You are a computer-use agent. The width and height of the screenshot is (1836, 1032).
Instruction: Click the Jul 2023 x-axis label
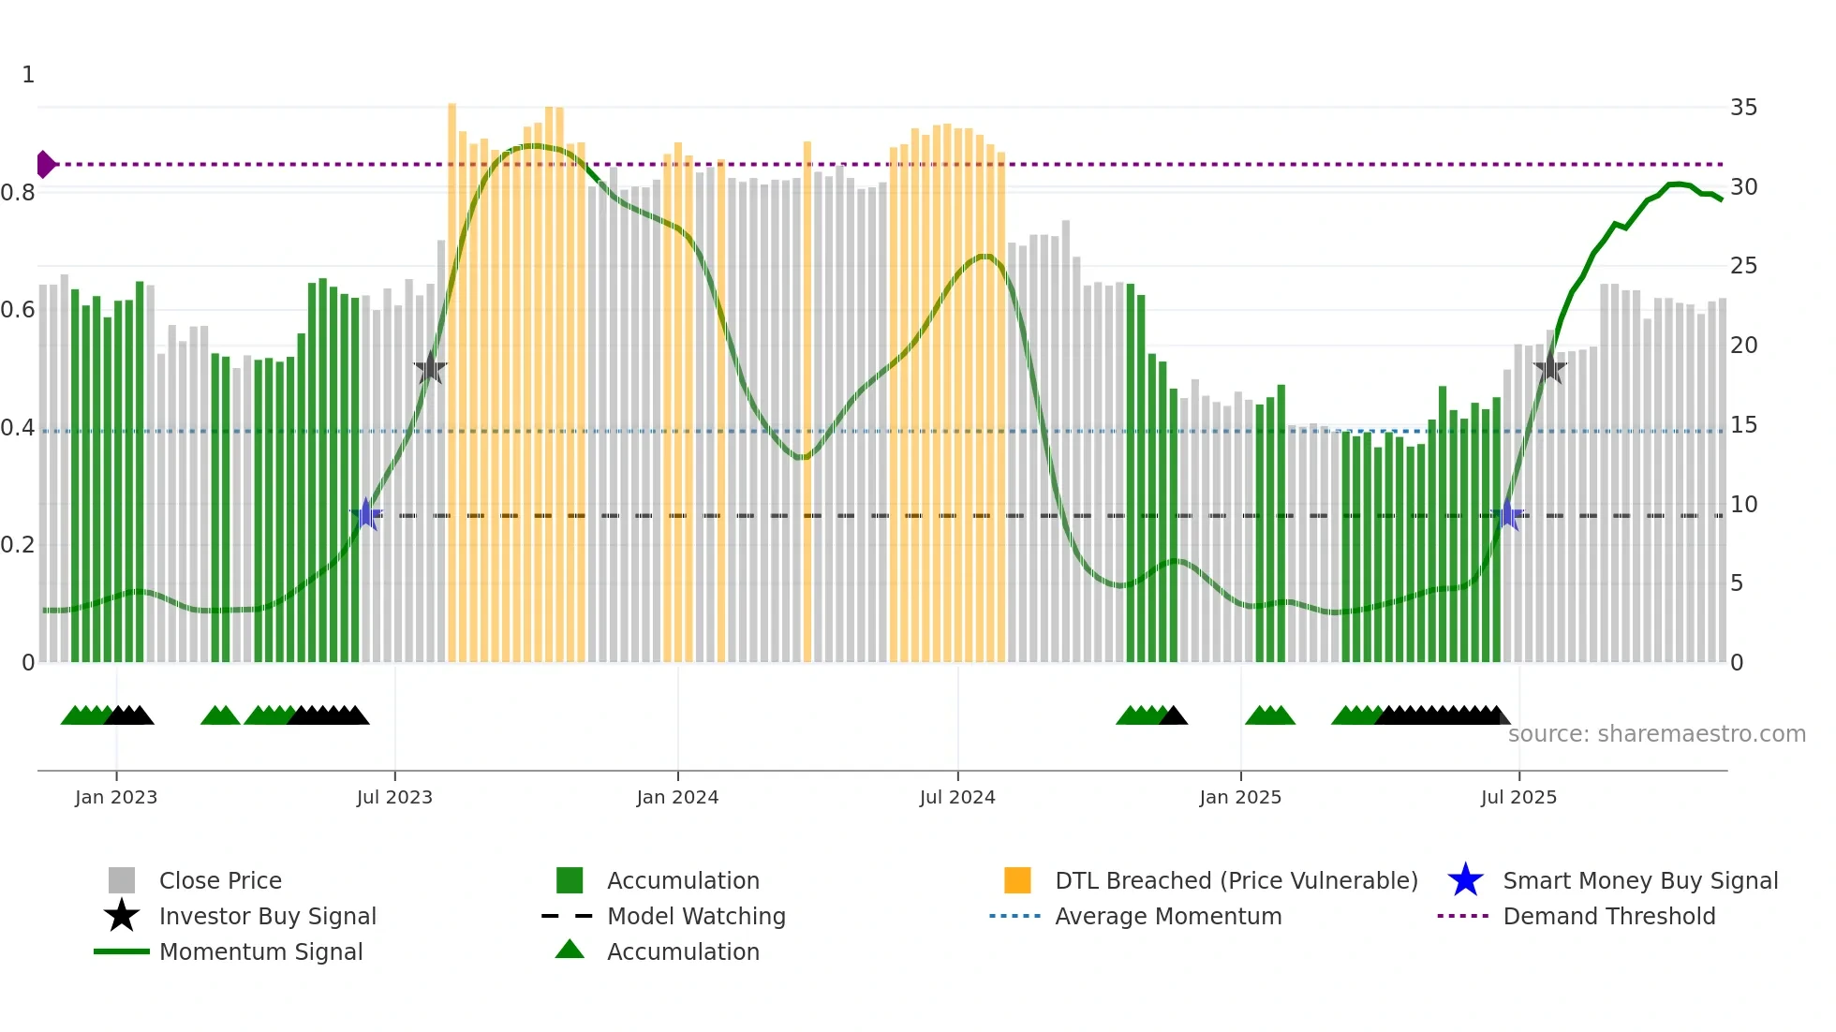point(394,797)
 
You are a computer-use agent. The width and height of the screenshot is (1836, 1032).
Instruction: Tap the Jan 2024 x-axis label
point(677,797)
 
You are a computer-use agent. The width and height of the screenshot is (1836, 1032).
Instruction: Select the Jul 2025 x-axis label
point(1518,797)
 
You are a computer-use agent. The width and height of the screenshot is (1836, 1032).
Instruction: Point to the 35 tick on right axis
point(1743,108)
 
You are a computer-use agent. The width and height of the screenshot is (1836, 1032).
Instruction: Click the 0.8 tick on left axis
point(18,193)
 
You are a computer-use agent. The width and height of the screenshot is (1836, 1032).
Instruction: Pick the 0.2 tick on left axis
point(18,545)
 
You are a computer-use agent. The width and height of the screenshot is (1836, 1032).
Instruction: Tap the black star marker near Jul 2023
point(430,368)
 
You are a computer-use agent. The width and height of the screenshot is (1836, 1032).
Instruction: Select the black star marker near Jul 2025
point(1550,367)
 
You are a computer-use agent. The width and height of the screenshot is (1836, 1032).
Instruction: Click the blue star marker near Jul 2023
point(366,514)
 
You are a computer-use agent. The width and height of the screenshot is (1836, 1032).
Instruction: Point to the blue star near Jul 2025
point(1508,514)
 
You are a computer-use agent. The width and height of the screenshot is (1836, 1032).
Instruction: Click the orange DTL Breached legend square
point(1017,880)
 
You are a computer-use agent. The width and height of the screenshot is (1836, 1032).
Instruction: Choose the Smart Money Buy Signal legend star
point(1465,880)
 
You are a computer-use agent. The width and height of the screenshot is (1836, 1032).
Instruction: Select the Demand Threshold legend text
point(1608,916)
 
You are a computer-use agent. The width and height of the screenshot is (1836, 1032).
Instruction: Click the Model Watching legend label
point(696,916)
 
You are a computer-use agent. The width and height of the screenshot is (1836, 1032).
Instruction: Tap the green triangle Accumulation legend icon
point(570,950)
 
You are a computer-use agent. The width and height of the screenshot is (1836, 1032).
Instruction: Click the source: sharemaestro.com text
point(1656,733)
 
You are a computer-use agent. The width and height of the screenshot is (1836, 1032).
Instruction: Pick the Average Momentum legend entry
point(1167,916)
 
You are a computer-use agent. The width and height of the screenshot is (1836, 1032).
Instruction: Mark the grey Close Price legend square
point(122,880)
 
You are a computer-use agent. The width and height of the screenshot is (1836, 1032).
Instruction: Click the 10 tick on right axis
point(1743,505)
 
